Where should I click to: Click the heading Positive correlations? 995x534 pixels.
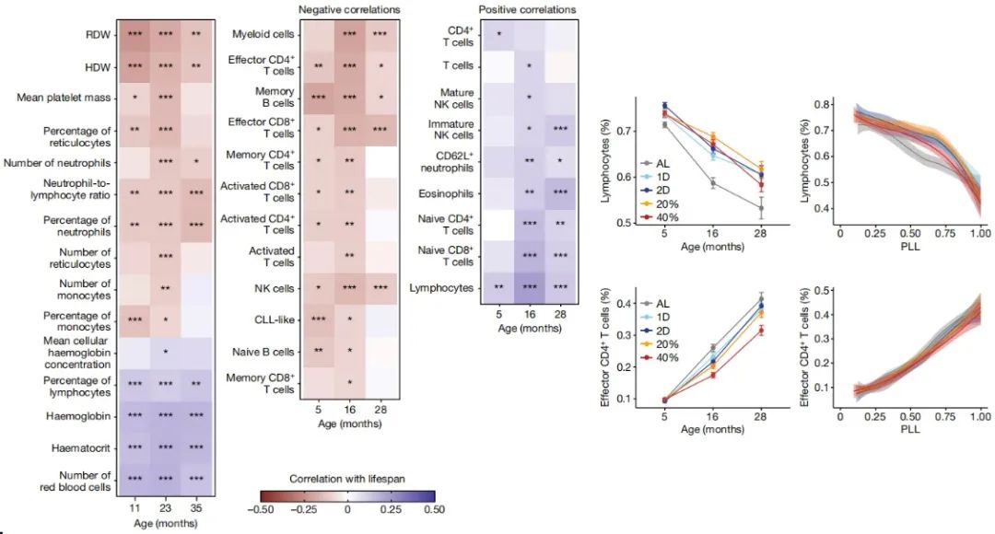[528, 9]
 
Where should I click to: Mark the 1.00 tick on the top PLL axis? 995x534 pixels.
[977, 235]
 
